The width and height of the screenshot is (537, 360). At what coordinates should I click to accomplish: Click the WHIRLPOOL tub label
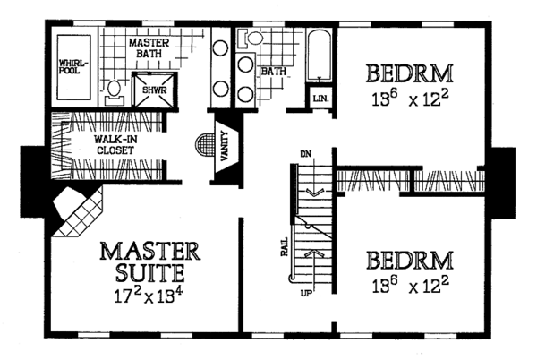tap(72, 67)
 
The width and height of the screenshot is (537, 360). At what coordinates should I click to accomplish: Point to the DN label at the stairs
tap(305, 153)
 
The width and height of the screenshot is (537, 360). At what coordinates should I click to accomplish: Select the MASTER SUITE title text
tap(143, 260)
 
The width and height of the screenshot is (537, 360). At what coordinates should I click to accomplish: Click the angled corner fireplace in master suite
tap(76, 213)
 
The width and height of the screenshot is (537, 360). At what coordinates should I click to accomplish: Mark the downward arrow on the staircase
tap(312, 191)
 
